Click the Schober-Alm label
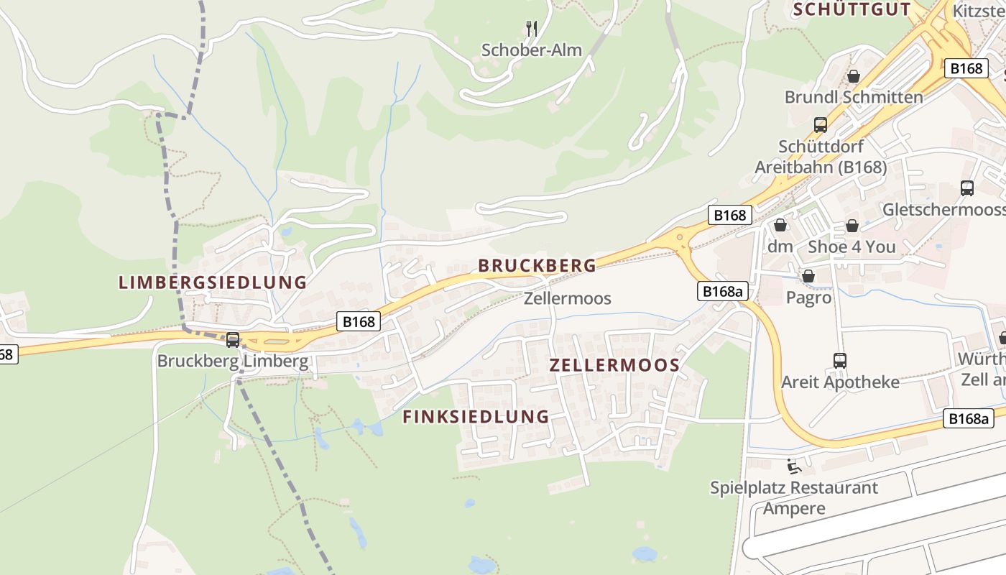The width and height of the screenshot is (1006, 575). (x=531, y=50)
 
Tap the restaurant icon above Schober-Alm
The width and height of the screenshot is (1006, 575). (x=532, y=29)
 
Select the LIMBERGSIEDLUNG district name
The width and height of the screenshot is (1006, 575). (x=213, y=282)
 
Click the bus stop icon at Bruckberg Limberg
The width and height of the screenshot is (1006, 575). (x=233, y=339)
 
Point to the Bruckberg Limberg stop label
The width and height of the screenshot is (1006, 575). (x=233, y=361)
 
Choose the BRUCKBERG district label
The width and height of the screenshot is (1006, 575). (x=537, y=265)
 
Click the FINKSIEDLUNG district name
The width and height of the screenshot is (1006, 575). (x=476, y=416)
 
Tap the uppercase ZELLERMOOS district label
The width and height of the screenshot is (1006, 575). (x=614, y=364)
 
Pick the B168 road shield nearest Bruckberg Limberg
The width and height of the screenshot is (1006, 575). (x=359, y=321)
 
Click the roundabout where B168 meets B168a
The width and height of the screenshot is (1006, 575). (x=679, y=237)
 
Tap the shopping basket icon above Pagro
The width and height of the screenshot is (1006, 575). (x=808, y=276)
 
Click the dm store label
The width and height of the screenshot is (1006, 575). (x=780, y=247)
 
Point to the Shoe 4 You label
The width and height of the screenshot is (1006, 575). (x=852, y=247)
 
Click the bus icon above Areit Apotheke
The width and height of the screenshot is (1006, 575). (x=839, y=360)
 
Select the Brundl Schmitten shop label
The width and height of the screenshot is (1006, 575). (x=854, y=96)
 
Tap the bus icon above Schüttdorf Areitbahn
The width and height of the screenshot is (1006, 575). (x=820, y=124)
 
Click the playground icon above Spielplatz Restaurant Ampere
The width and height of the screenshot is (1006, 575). (x=793, y=466)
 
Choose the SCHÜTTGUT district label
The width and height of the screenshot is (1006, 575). (x=852, y=9)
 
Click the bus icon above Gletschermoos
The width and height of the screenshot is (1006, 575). (x=967, y=188)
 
